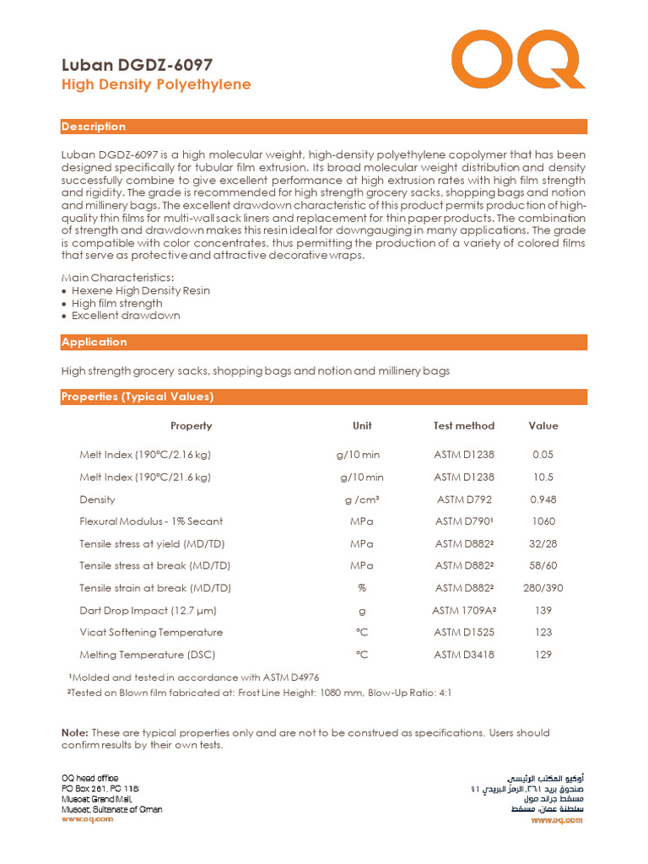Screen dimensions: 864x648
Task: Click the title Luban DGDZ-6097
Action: (x=137, y=65)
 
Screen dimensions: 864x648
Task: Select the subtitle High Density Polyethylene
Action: (x=156, y=85)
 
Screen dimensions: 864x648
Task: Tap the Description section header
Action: (x=94, y=127)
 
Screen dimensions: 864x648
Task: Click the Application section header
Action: (x=94, y=342)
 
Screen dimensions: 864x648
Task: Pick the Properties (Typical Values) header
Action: (x=138, y=397)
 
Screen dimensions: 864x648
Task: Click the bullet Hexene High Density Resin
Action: (x=140, y=290)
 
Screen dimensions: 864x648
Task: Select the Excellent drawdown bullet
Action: (x=125, y=316)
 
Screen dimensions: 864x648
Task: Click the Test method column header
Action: (x=464, y=426)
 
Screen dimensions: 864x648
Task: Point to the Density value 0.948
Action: (x=543, y=499)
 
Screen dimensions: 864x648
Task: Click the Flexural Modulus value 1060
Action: (x=543, y=521)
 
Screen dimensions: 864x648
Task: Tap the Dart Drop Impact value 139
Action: (x=543, y=610)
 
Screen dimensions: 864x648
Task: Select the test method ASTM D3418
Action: (x=464, y=655)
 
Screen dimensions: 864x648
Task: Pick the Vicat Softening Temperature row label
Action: (x=151, y=632)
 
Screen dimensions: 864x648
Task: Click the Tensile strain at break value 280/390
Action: (x=543, y=588)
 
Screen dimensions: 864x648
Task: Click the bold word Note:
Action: (x=74, y=732)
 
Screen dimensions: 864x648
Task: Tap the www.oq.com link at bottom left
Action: (x=86, y=819)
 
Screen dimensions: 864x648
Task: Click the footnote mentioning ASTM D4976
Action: (x=193, y=678)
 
